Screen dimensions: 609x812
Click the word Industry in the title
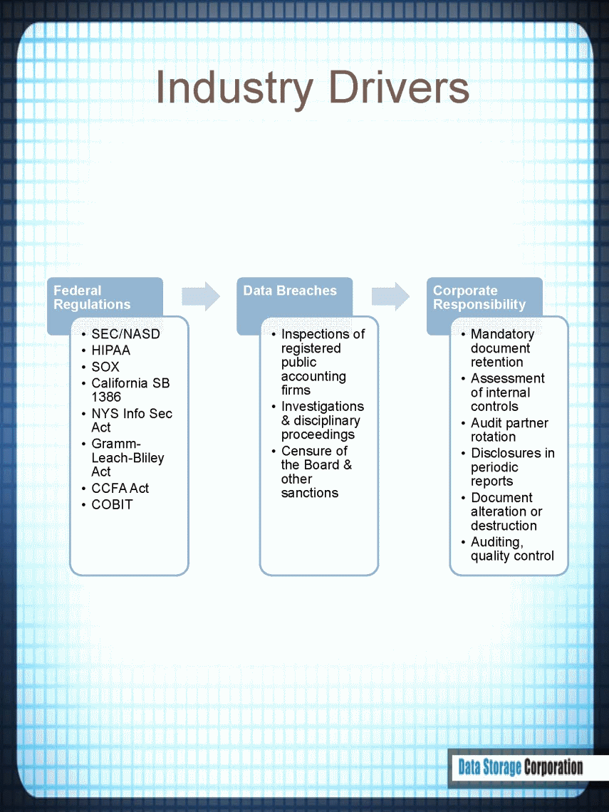[x=234, y=88]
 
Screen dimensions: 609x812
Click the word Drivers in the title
[x=400, y=87]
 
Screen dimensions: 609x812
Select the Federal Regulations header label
[x=92, y=297]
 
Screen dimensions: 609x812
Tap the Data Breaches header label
[x=290, y=291]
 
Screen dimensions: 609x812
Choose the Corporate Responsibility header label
[x=479, y=297]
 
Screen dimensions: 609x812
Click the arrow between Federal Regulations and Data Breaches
[x=201, y=296]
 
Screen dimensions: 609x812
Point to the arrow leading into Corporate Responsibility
[x=390, y=296]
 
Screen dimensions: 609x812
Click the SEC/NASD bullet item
[x=126, y=334]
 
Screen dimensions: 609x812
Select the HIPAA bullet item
[x=111, y=350]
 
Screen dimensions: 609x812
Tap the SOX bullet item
[x=105, y=367]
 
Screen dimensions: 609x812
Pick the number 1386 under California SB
[x=106, y=397]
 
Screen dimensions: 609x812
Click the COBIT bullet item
[x=113, y=504]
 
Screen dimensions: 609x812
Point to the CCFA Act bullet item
[x=120, y=489]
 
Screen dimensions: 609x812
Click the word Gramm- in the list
[x=116, y=444]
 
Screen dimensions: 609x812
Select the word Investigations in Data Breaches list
[x=323, y=407]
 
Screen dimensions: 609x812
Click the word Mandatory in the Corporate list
[x=502, y=335]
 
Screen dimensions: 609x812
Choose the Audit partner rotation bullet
[x=509, y=430]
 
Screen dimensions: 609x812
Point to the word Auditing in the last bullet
[x=497, y=542]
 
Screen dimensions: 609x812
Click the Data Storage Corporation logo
[x=521, y=767]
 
